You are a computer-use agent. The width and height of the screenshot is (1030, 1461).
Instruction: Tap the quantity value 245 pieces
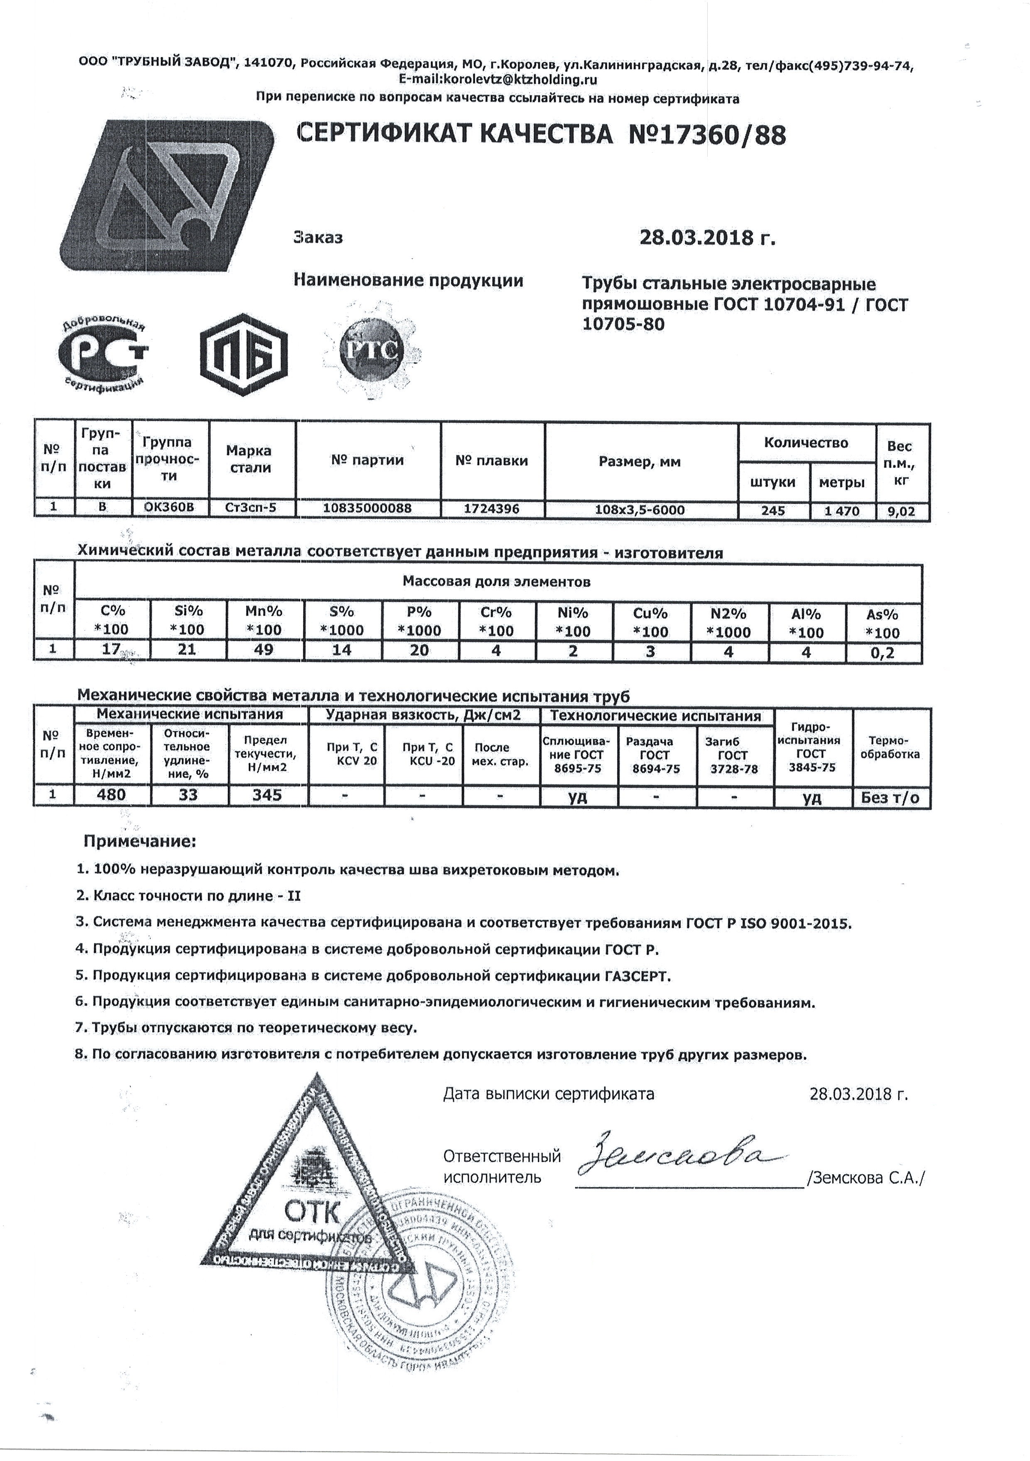coord(773,511)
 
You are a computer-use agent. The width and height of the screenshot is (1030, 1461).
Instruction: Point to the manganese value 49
coord(264,650)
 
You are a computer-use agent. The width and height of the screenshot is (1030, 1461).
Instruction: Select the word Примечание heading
coord(140,841)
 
